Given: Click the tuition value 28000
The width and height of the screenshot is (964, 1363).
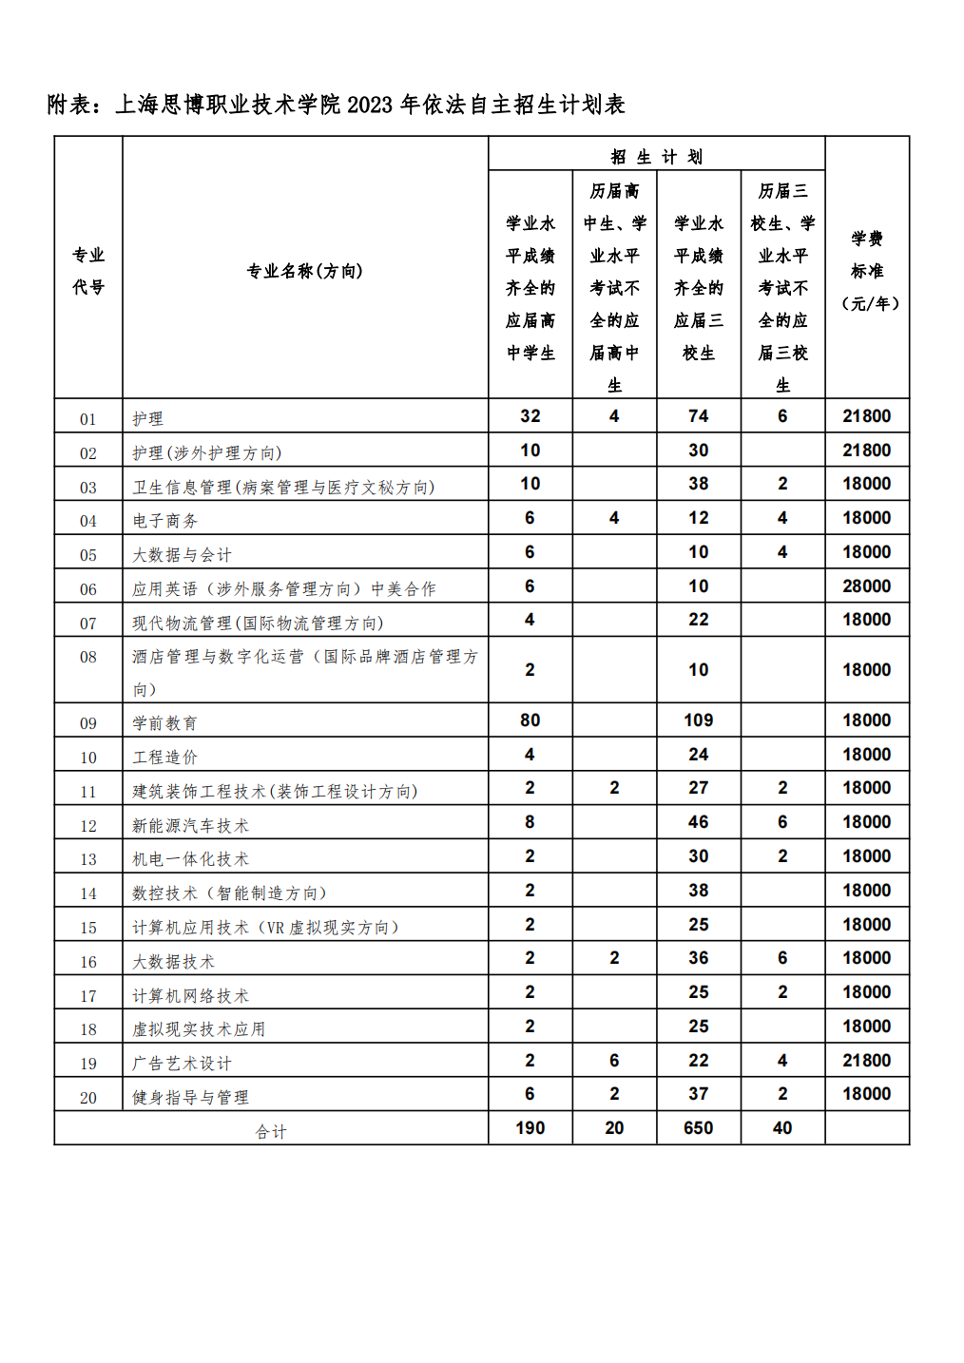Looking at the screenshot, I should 866,586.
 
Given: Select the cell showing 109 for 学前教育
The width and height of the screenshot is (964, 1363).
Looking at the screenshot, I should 698,720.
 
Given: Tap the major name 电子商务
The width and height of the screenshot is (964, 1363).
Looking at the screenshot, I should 165,521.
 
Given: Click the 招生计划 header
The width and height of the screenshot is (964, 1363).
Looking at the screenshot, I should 656,157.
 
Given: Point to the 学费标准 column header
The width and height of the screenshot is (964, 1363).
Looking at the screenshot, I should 867,271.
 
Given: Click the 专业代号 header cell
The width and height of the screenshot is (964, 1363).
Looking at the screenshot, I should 88,271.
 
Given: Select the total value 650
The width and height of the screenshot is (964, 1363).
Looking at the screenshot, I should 698,1128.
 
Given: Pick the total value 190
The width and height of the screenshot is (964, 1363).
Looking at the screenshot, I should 530,1128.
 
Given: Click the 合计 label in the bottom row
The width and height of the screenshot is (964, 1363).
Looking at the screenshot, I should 271,1131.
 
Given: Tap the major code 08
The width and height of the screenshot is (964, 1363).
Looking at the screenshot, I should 88,657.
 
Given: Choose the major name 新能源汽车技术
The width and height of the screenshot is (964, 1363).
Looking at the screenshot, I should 190,826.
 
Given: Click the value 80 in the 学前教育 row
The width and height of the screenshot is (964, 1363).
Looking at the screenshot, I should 530,720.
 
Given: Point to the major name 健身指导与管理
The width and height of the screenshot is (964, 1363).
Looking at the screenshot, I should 190,1098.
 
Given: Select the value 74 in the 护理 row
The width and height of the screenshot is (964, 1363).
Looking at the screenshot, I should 698,416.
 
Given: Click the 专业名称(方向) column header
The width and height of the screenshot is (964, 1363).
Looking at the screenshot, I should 304,271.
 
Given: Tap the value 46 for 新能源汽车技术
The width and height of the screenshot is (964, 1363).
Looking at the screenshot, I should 698,822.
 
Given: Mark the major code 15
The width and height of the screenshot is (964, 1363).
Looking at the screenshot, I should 88,928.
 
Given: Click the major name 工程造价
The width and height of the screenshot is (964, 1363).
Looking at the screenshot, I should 165,758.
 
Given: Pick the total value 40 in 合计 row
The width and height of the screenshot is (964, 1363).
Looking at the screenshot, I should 782,1128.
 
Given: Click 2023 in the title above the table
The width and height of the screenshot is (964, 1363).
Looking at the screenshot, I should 370,105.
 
